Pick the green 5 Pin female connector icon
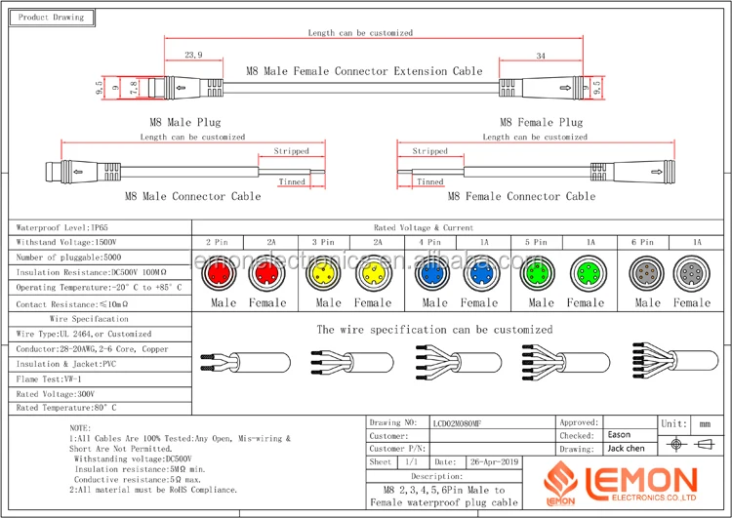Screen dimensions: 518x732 (586, 275)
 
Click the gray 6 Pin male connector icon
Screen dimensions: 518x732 (646, 275)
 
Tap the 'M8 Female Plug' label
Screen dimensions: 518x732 (541, 122)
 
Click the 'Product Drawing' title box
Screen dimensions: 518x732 (52, 18)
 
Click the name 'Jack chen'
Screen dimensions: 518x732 (626, 449)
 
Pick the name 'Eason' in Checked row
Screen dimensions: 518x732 (619, 435)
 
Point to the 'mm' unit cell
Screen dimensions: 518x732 (705, 424)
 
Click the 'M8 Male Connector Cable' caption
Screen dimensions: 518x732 (201, 196)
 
